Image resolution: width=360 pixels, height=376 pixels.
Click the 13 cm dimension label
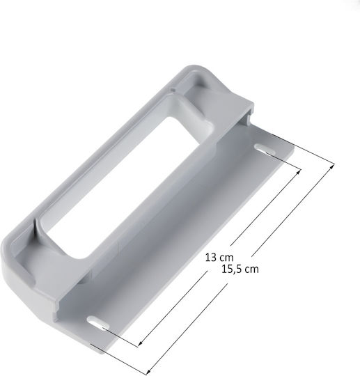click(x=219, y=258)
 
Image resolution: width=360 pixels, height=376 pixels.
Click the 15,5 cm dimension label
click(x=240, y=269)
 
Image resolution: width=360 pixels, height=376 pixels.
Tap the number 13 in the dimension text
click(x=211, y=258)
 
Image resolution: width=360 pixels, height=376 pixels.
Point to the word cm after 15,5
click(x=252, y=269)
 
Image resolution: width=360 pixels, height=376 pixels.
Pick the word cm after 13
click(x=226, y=258)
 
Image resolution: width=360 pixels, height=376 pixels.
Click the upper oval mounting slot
click(x=265, y=149)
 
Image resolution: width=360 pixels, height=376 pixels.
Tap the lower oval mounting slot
click(x=99, y=322)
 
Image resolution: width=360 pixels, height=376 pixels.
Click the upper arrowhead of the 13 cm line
click(x=299, y=171)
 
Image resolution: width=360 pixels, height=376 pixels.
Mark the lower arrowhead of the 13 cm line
click(x=141, y=344)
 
